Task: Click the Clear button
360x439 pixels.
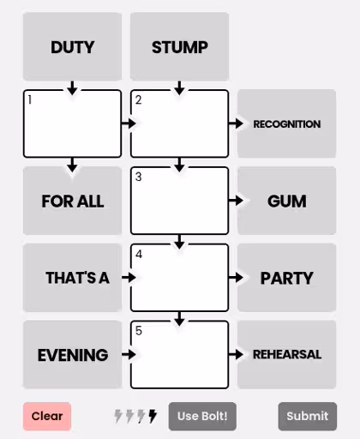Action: [x=47, y=416]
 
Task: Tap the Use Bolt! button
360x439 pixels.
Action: [x=202, y=416]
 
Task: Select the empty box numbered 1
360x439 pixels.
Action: [x=72, y=123]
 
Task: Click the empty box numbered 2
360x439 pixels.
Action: [x=179, y=123]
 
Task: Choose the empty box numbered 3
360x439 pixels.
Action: [x=179, y=201]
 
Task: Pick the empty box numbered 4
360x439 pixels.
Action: [x=179, y=278]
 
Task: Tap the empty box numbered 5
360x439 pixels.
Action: [x=179, y=355]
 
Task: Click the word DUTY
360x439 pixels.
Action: [x=73, y=47]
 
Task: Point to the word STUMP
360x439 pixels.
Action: [x=180, y=47]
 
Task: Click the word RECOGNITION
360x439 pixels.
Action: [x=287, y=124]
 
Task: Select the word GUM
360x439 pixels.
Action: [x=287, y=201]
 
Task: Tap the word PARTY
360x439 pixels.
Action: [x=287, y=278]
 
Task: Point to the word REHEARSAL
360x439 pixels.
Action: [x=287, y=355]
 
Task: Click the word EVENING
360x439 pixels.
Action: [x=73, y=355]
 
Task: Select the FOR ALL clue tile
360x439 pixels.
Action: [x=72, y=201]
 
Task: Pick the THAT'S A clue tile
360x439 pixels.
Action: [x=72, y=278]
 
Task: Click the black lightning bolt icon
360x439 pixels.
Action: [x=153, y=416]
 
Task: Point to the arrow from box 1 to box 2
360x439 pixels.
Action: [x=129, y=123]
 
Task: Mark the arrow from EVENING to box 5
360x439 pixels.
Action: [x=129, y=354]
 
